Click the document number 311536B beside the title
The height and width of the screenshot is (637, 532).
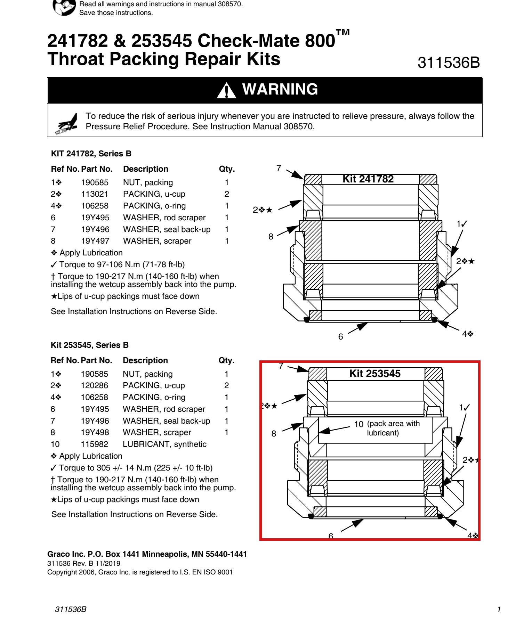(449, 63)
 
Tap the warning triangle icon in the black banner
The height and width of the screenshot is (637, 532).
(226, 90)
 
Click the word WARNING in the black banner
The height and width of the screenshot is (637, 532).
(280, 89)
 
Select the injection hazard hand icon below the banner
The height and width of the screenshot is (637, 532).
(66, 123)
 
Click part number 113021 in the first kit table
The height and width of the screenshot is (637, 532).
(95, 194)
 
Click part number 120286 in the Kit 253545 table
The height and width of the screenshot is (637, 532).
(94, 385)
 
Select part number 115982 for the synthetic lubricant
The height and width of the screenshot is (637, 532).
(94, 444)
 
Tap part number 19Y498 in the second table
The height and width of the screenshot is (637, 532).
(95, 432)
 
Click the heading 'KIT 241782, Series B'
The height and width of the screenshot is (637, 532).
(91, 154)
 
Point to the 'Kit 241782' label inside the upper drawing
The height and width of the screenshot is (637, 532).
(368, 179)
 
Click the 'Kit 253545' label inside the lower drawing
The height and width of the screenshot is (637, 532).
(375, 374)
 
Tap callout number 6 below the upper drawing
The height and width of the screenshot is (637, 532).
(340, 336)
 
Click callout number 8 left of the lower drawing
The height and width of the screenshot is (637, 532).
(274, 434)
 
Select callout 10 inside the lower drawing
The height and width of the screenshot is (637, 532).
(358, 424)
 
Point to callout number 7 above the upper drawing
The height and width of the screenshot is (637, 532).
(279, 168)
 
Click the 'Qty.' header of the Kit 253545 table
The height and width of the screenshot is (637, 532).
(226, 361)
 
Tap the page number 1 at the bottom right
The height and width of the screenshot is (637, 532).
(499, 609)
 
